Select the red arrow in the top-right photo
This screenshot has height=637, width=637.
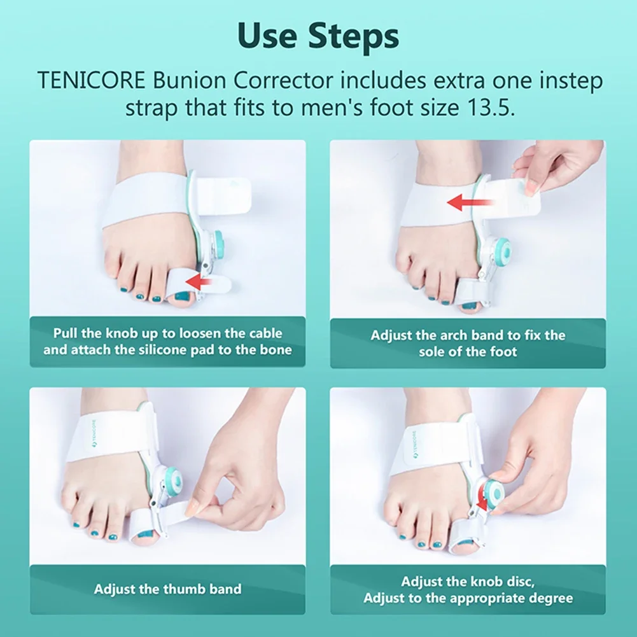[x=470, y=203]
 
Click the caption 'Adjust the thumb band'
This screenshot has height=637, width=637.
[x=167, y=589]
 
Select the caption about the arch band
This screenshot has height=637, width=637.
[x=468, y=343]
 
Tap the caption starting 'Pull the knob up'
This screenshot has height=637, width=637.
[x=167, y=342]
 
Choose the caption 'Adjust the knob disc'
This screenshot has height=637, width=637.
[x=468, y=589]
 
